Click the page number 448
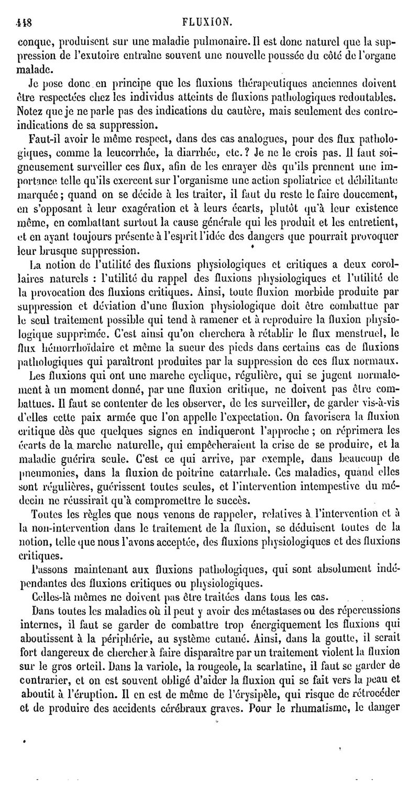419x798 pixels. tap(25, 8)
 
